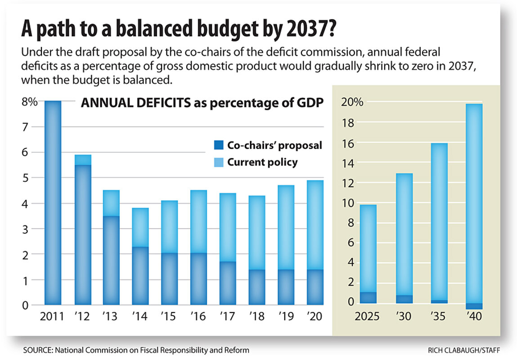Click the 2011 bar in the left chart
[x=53, y=202]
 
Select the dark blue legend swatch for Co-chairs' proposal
[x=218, y=145]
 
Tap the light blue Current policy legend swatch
[x=218, y=162]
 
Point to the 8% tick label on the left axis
[x=29, y=102]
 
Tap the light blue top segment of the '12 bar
[x=82, y=160]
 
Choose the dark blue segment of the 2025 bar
[x=368, y=298]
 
